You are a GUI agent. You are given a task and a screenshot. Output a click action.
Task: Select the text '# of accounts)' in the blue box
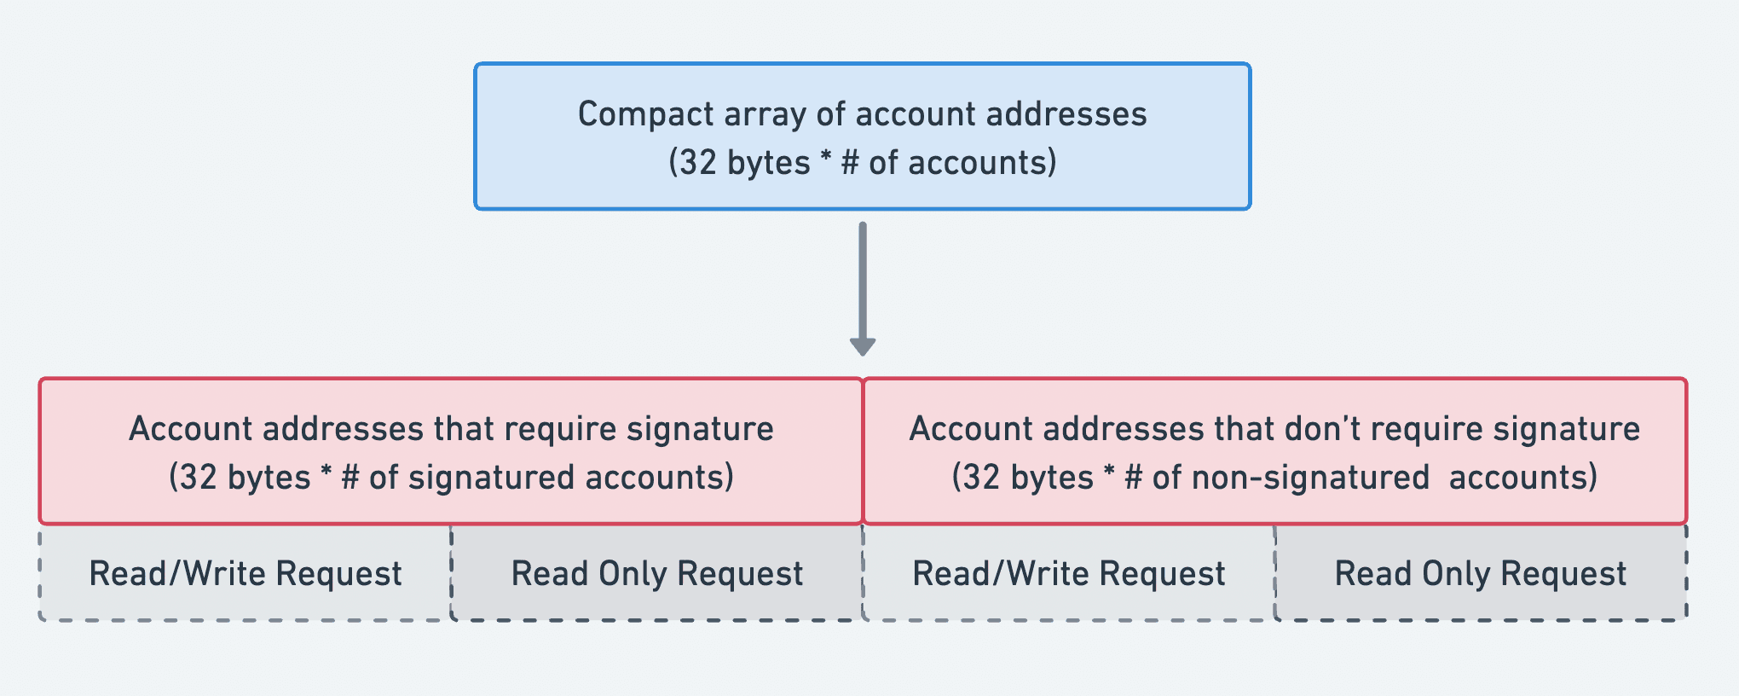click(949, 163)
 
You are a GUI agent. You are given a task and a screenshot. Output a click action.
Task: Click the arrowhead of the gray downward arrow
click(863, 346)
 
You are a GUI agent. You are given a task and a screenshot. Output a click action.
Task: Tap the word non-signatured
click(1310, 478)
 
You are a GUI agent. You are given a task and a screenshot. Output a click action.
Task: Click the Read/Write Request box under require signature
click(246, 574)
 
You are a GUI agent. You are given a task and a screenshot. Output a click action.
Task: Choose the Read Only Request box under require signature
click(656, 574)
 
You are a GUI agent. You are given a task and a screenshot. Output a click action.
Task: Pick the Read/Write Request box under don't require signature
click(1069, 574)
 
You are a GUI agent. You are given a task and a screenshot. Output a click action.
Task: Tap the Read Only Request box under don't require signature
click(1481, 574)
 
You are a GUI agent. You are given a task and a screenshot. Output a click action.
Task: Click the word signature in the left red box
click(700, 429)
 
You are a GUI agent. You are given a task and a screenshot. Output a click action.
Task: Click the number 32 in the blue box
click(698, 163)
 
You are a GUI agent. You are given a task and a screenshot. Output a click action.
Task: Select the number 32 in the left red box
click(199, 478)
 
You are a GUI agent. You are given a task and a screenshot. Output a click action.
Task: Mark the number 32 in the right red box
click(981, 478)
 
